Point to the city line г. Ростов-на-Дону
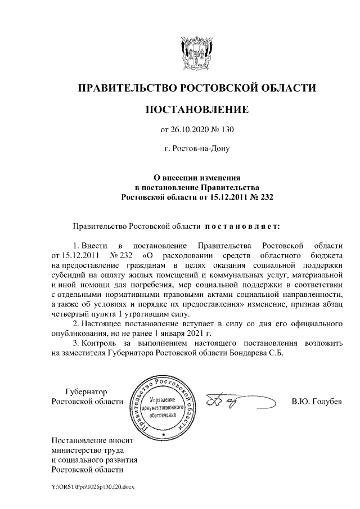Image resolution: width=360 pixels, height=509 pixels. tap(196, 150)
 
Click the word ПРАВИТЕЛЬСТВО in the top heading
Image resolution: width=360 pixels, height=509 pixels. tap(125, 88)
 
